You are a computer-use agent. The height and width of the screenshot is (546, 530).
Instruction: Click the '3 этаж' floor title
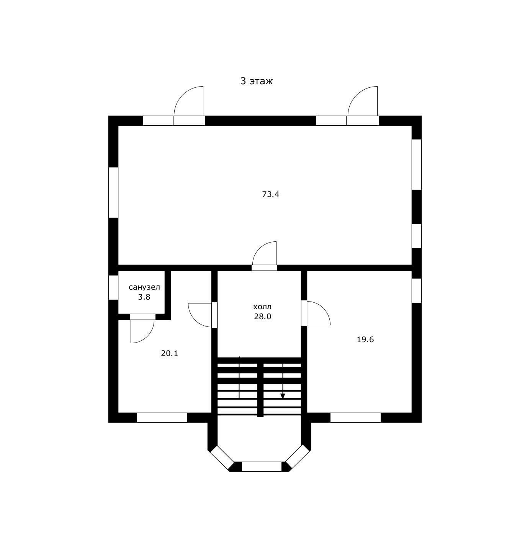click(256, 81)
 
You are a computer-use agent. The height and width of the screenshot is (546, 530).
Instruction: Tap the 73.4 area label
click(271, 194)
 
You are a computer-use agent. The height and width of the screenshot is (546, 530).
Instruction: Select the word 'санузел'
click(144, 287)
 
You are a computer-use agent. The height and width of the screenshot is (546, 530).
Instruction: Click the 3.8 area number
click(144, 297)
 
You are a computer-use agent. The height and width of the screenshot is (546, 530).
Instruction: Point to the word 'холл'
click(262, 307)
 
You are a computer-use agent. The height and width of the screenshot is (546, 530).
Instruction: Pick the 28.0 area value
click(262, 316)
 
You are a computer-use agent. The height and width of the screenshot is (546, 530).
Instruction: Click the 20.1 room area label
click(169, 353)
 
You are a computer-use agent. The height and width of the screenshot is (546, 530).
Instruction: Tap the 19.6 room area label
click(365, 339)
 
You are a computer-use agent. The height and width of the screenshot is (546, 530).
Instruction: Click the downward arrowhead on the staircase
click(283, 396)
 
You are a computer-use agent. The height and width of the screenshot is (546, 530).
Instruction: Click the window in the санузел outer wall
click(113, 287)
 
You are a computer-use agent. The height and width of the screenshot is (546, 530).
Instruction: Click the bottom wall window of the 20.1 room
click(162, 418)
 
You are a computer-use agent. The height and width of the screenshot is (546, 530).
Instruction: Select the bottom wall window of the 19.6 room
click(355, 418)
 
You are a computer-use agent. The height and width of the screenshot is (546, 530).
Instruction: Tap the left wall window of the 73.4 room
click(113, 192)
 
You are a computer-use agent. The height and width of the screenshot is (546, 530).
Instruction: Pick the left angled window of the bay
click(221, 457)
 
